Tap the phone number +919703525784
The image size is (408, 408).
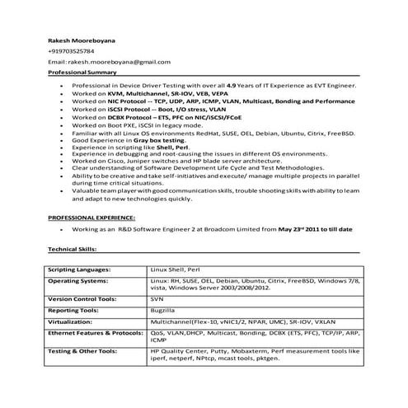(71, 51)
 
